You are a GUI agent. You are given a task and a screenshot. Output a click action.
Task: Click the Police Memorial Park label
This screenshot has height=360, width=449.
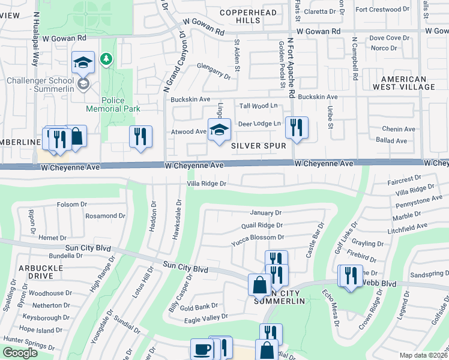[x=113, y=104]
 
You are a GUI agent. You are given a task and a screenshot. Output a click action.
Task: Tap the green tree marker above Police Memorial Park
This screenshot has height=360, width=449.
[x=107, y=59]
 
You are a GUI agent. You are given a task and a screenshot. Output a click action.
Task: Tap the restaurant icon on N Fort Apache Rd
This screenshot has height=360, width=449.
[x=296, y=127]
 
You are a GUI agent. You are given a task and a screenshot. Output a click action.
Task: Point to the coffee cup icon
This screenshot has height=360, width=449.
[x=202, y=349]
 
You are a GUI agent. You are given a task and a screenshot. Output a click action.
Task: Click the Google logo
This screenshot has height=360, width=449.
[x=19, y=353]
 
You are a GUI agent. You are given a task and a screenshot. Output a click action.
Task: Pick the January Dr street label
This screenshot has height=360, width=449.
[x=265, y=213]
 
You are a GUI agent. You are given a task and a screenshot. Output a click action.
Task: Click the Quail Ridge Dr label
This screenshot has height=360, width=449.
[x=262, y=225]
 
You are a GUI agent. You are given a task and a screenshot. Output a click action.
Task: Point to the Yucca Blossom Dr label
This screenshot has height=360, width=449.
[x=258, y=237]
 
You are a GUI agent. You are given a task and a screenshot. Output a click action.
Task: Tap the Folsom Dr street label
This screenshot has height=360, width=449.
[x=72, y=205]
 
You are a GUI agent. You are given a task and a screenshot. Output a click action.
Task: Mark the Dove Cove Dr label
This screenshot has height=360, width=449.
[x=385, y=38]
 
